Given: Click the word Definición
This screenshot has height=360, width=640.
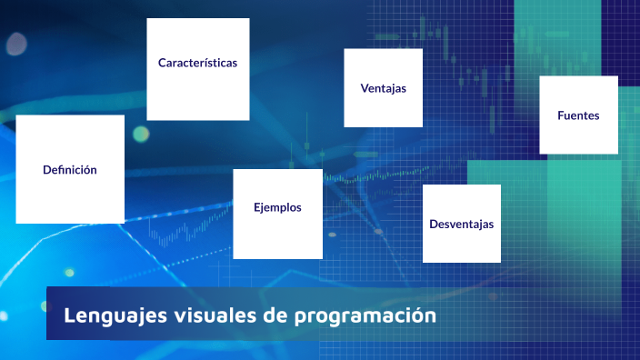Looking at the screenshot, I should click(70, 170).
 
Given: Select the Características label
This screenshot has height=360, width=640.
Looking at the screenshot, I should click(197, 63).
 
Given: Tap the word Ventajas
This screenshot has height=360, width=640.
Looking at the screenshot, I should click(383, 88).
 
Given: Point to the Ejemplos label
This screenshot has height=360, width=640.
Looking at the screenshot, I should click(277, 207).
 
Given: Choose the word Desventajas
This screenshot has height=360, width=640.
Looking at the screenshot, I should click(462, 224).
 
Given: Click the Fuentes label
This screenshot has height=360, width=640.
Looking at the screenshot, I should click(578, 115).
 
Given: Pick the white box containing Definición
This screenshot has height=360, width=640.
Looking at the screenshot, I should click(70, 195).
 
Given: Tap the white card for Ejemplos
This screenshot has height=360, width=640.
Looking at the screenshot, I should click(277, 235).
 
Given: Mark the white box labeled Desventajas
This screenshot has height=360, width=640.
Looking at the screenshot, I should click(462, 245).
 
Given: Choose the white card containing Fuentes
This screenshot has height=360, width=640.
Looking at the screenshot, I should click(578, 136).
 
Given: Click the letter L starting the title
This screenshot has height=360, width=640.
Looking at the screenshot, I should click(69, 315).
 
